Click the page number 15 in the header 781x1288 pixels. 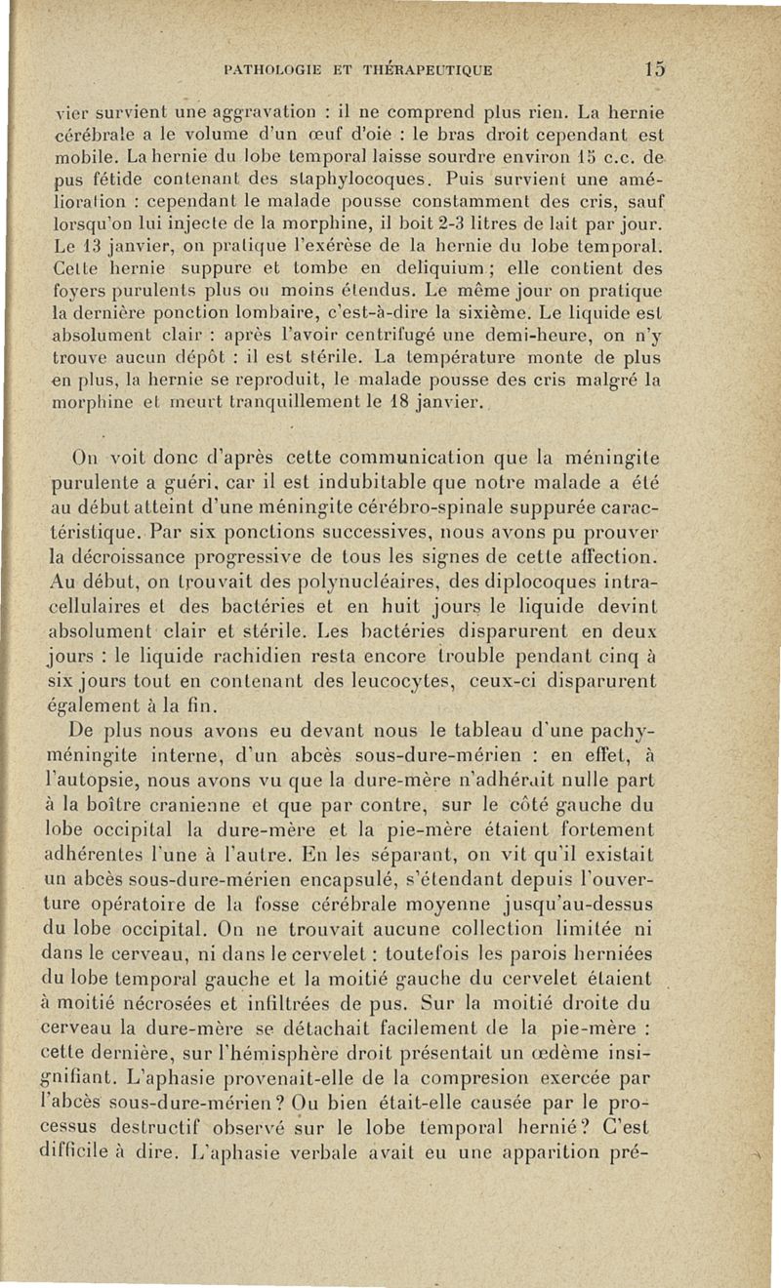pos(654,69)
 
